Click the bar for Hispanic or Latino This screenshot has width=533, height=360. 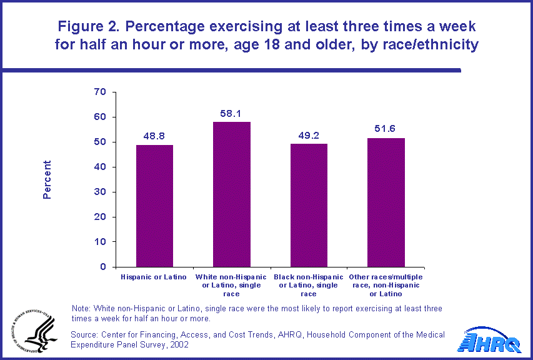click(x=154, y=206)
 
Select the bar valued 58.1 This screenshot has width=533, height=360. click(x=231, y=194)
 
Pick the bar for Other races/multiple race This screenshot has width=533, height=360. click(x=386, y=202)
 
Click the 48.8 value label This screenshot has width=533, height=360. click(x=154, y=135)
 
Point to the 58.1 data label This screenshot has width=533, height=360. click(x=231, y=112)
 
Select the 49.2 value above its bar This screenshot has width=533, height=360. click(x=309, y=134)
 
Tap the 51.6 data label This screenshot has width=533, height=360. click(x=386, y=128)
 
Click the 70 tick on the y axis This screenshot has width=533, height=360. click(x=101, y=92)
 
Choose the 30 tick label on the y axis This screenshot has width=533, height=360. click(x=101, y=192)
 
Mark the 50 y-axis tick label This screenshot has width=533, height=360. click(x=101, y=142)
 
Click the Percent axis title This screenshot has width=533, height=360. click(x=47, y=180)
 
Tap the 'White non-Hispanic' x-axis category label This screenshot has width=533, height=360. click(x=231, y=277)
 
